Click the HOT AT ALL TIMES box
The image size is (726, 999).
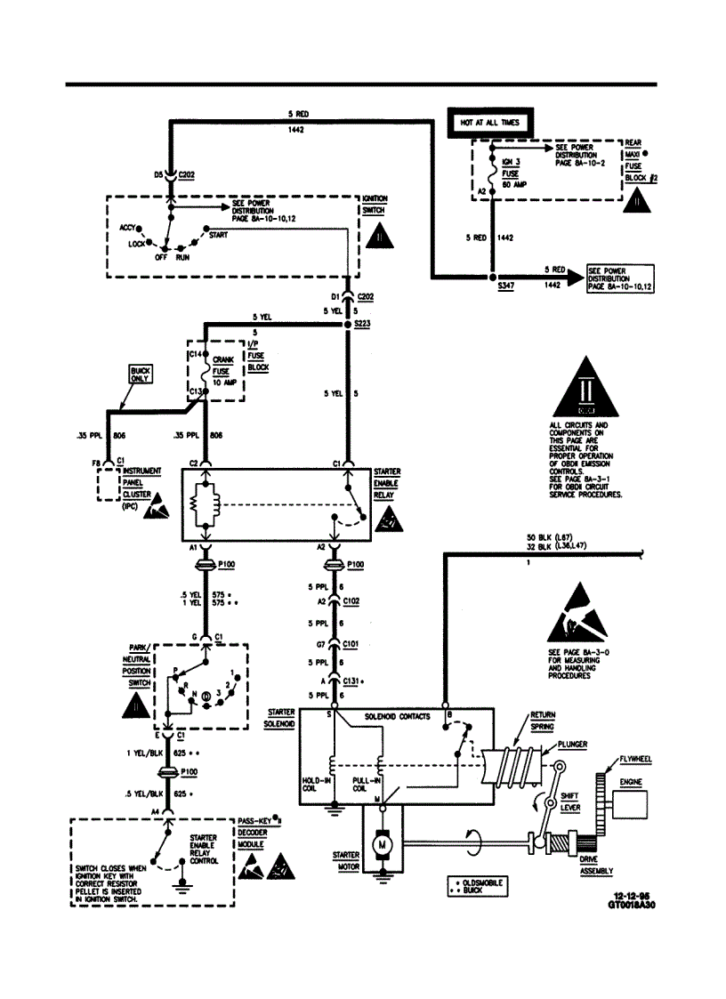click(x=488, y=122)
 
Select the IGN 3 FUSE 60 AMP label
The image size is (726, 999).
click(x=514, y=173)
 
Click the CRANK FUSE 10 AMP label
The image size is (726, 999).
click(x=223, y=370)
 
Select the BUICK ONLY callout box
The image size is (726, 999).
click(x=141, y=374)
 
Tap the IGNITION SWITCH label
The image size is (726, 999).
click(x=374, y=205)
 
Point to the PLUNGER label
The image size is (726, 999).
click(x=572, y=744)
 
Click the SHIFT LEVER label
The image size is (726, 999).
click(x=569, y=802)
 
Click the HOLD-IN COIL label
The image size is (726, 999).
click(x=317, y=783)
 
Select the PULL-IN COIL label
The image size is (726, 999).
click(x=366, y=783)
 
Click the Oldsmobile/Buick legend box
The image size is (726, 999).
click(x=480, y=885)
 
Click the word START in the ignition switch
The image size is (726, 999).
click(x=217, y=235)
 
